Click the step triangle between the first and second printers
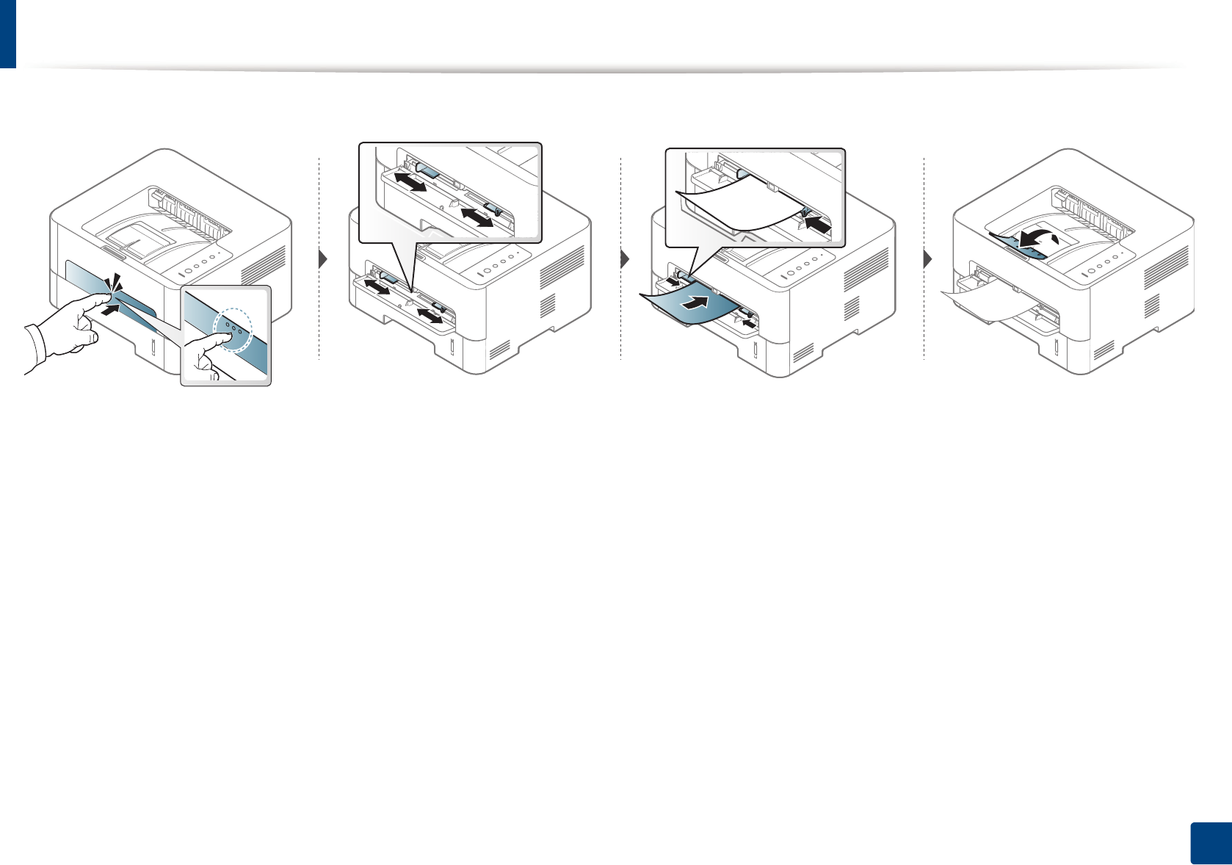tap(322, 258)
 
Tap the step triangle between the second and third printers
tap(625, 258)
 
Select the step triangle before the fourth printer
tap(928, 258)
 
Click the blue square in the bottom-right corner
tap(1209, 843)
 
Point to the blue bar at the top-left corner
tap(7, 33)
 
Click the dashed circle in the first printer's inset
tap(233, 329)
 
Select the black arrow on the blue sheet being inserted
tap(698, 303)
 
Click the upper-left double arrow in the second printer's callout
tap(410, 181)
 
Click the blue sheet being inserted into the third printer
tap(690, 305)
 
